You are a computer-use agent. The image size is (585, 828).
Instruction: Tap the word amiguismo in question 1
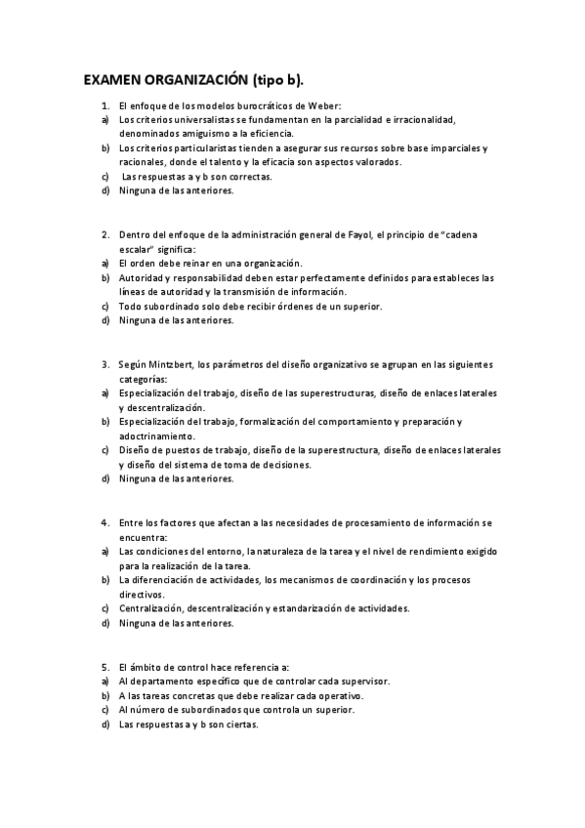coord(194,134)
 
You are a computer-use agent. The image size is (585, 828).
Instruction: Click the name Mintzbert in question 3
coord(173,365)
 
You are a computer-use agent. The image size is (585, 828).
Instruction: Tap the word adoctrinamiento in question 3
coord(158,436)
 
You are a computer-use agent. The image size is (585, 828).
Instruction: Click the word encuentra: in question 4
coord(144,537)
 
